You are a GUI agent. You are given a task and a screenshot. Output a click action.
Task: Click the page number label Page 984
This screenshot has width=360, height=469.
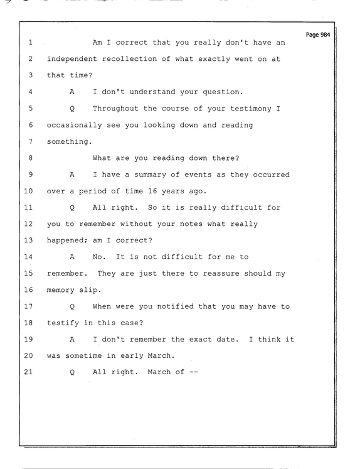pyautogui.click(x=318, y=35)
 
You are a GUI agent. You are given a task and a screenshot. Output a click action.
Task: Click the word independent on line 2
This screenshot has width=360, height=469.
pyautogui.click(x=71, y=59)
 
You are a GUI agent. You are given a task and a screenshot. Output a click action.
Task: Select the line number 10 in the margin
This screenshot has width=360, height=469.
pyautogui.click(x=28, y=191)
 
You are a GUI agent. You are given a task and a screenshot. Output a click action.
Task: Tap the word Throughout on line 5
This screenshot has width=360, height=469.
pyautogui.click(x=115, y=108)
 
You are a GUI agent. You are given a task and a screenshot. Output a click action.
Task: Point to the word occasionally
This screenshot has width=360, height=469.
pyautogui.click(x=74, y=125)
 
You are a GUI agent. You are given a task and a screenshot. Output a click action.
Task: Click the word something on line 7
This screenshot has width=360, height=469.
pyautogui.click(x=70, y=141)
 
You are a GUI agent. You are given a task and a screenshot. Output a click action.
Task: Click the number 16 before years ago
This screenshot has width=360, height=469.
pyautogui.click(x=152, y=191)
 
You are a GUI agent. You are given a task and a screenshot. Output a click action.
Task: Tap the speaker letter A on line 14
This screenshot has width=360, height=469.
pyautogui.click(x=72, y=257)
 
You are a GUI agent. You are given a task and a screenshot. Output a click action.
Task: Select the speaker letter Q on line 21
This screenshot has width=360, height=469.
pyautogui.click(x=72, y=372)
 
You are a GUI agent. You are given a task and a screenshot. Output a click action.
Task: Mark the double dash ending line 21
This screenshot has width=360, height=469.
pyautogui.click(x=194, y=372)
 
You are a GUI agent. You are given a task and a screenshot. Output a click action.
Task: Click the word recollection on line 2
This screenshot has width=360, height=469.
pyautogui.click(x=129, y=59)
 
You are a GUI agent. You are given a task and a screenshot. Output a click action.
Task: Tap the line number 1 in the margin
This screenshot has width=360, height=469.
pyautogui.click(x=31, y=43)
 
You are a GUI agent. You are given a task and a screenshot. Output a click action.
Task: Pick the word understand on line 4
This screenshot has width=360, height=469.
pyautogui.click(x=152, y=92)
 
